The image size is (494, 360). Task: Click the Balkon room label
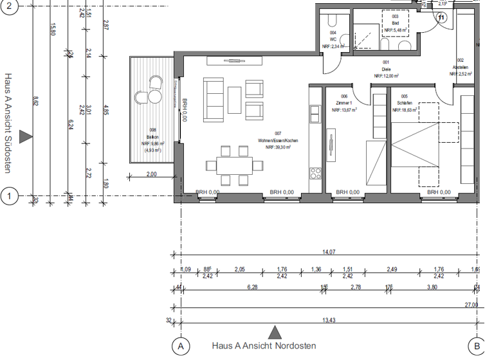point(152,137)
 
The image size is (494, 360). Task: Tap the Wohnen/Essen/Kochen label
point(278,140)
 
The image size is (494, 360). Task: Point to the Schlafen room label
point(405,103)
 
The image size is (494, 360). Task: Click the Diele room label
point(386,69)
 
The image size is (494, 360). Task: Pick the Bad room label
point(396,24)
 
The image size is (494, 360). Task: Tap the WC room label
point(333,39)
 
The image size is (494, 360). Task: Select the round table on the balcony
point(154,96)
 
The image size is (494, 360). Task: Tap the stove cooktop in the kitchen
point(315,173)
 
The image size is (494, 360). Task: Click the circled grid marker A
point(181,346)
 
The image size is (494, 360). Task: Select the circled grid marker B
point(476,346)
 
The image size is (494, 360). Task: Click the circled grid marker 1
point(9,195)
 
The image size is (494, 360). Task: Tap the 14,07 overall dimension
point(328,253)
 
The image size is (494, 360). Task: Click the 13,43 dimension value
point(328,320)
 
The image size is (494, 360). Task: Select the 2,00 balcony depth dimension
point(152,174)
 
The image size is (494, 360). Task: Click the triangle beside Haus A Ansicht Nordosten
point(275,332)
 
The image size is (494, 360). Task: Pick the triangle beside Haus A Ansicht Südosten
point(25,136)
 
